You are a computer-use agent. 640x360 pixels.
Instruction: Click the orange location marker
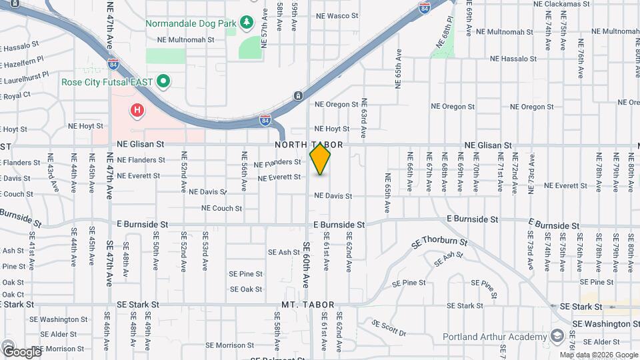(321, 159)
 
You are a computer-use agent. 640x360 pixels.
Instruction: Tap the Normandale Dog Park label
(191, 23)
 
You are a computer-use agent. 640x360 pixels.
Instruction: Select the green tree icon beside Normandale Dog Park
(247, 23)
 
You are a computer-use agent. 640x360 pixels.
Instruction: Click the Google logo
(21, 351)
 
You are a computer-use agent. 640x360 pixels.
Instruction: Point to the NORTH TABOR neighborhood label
(308, 145)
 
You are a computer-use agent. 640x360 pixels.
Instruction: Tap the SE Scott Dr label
(389, 327)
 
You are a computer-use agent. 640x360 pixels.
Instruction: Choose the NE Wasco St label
(337, 15)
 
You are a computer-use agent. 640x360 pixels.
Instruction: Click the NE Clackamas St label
(561, 3)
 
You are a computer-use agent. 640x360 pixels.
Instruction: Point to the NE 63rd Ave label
(364, 118)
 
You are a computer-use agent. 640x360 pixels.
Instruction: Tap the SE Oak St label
(245, 289)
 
